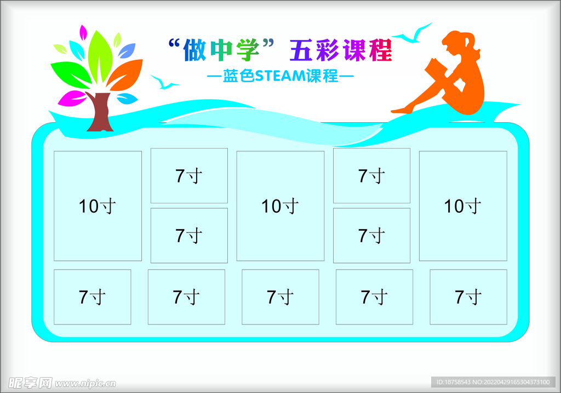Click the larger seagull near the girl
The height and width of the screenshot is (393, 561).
coord(413,34)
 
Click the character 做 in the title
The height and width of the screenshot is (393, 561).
coord(194,50)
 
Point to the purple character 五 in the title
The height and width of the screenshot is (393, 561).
coord(301,50)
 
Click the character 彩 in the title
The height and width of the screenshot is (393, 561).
coord(327,50)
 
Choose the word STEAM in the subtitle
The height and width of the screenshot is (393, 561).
coord(280,76)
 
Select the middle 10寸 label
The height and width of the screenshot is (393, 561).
coord(280,206)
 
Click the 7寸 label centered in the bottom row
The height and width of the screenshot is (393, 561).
coord(280,297)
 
